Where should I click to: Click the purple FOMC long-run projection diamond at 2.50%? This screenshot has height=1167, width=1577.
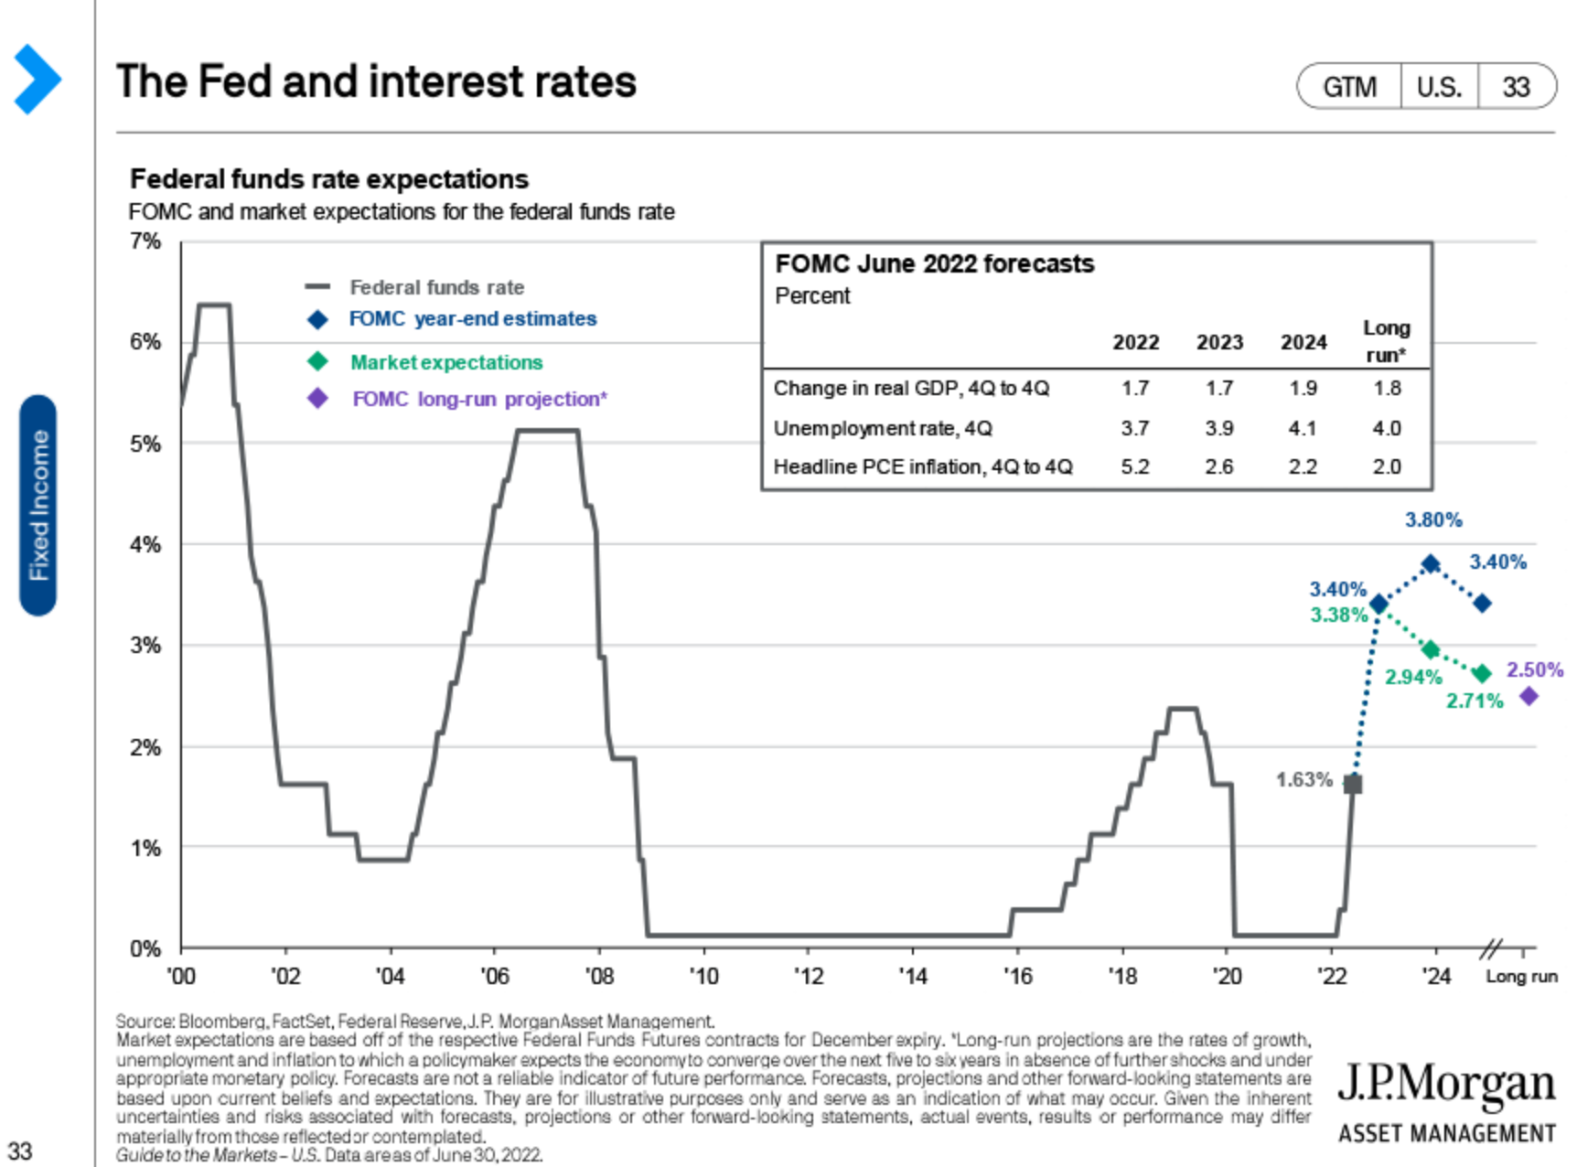point(1529,697)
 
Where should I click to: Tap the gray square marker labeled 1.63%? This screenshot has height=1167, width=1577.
point(1353,784)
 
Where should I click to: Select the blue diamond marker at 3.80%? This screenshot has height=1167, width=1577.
point(1431,563)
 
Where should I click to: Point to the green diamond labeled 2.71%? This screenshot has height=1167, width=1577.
point(1483,674)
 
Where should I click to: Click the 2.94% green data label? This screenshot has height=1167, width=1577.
point(1412,678)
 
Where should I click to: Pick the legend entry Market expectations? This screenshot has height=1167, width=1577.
point(446,362)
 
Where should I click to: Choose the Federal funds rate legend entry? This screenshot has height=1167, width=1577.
point(436,287)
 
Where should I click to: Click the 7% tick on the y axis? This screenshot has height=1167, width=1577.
point(145,241)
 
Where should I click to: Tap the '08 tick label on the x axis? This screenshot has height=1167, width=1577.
point(599,977)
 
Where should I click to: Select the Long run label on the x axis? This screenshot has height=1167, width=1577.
point(1521,977)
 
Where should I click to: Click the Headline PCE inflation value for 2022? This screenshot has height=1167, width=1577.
point(1135,467)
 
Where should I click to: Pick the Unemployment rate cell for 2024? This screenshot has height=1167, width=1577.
point(1303,428)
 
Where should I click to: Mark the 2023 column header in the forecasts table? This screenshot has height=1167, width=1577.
point(1219,342)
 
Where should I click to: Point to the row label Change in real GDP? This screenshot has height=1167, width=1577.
point(911,389)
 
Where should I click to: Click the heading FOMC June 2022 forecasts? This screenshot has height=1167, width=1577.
point(934,264)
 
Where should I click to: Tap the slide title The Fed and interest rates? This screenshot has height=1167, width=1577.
point(376,81)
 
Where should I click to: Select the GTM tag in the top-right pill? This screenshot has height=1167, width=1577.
point(1349,87)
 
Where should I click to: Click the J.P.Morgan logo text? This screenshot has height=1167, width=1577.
point(1446,1085)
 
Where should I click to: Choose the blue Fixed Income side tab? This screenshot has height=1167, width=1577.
point(38,505)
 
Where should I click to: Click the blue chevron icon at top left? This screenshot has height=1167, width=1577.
point(37,80)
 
